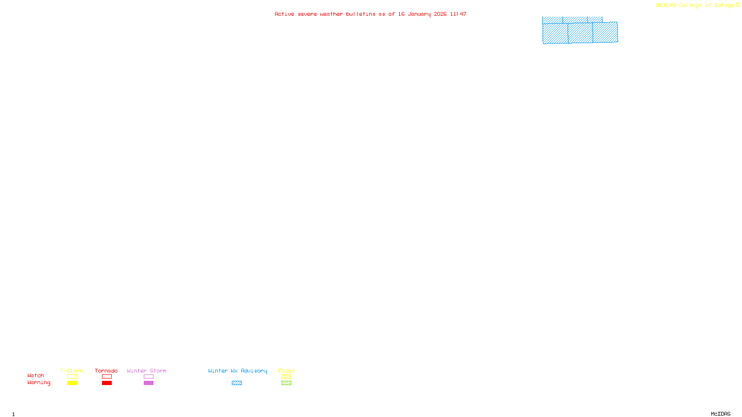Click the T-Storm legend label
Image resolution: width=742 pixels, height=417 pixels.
click(x=71, y=371)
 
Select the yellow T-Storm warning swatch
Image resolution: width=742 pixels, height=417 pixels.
click(x=72, y=383)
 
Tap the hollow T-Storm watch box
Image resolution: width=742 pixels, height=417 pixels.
click(x=72, y=377)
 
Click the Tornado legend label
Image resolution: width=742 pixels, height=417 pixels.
click(x=106, y=371)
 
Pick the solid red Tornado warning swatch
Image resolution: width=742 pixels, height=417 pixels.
click(x=107, y=383)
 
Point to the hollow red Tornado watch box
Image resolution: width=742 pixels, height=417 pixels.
click(x=107, y=377)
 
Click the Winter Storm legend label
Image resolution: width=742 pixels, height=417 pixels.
click(x=147, y=371)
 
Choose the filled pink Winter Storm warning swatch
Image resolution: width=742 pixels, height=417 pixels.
click(x=148, y=383)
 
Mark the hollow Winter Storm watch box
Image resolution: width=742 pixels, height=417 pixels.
click(x=148, y=377)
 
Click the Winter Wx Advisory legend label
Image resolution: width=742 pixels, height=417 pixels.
click(x=237, y=371)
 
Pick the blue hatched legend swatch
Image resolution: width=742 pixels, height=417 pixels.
click(x=237, y=383)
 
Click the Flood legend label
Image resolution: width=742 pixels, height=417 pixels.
click(x=286, y=371)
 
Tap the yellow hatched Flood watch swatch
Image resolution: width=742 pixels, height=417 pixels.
click(x=286, y=377)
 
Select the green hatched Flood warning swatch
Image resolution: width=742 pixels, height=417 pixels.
click(x=286, y=383)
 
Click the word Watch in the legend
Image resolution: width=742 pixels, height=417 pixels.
click(x=36, y=375)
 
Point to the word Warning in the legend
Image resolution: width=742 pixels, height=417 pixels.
click(x=38, y=383)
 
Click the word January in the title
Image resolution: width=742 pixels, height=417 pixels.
click(x=419, y=14)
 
